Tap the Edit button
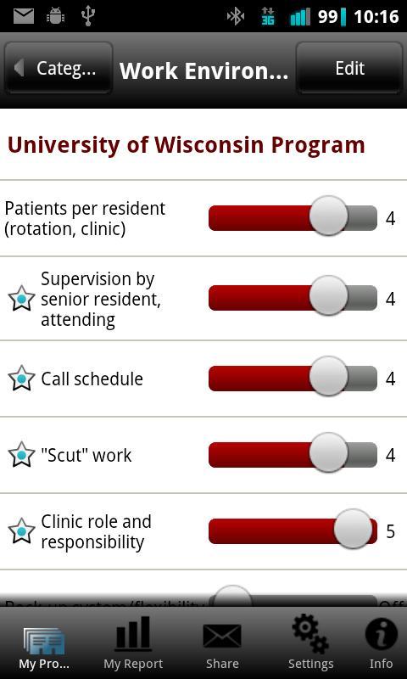click(x=348, y=69)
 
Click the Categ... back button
click(x=59, y=69)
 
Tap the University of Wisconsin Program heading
click(x=186, y=145)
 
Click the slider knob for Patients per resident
click(x=328, y=217)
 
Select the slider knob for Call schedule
click(x=328, y=378)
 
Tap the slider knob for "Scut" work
click(x=328, y=454)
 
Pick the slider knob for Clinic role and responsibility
click(x=353, y=530)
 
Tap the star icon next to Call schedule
click(x=21, y=379)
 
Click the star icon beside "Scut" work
click(x=21, y=455)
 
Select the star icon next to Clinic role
click(x=21, y=531)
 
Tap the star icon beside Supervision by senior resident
click(x=21, y=299)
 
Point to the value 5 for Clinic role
click(x=390, y=531)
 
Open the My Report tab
click(x=133, y=644)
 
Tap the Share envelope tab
click(x=222, y=644)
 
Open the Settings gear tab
click(x=310, y=644)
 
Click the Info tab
click(x=381, y=644)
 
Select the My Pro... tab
click(x=44, y=644)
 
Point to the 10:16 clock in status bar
click(x=376, y=16)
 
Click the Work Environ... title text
click(x=203, y=70)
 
